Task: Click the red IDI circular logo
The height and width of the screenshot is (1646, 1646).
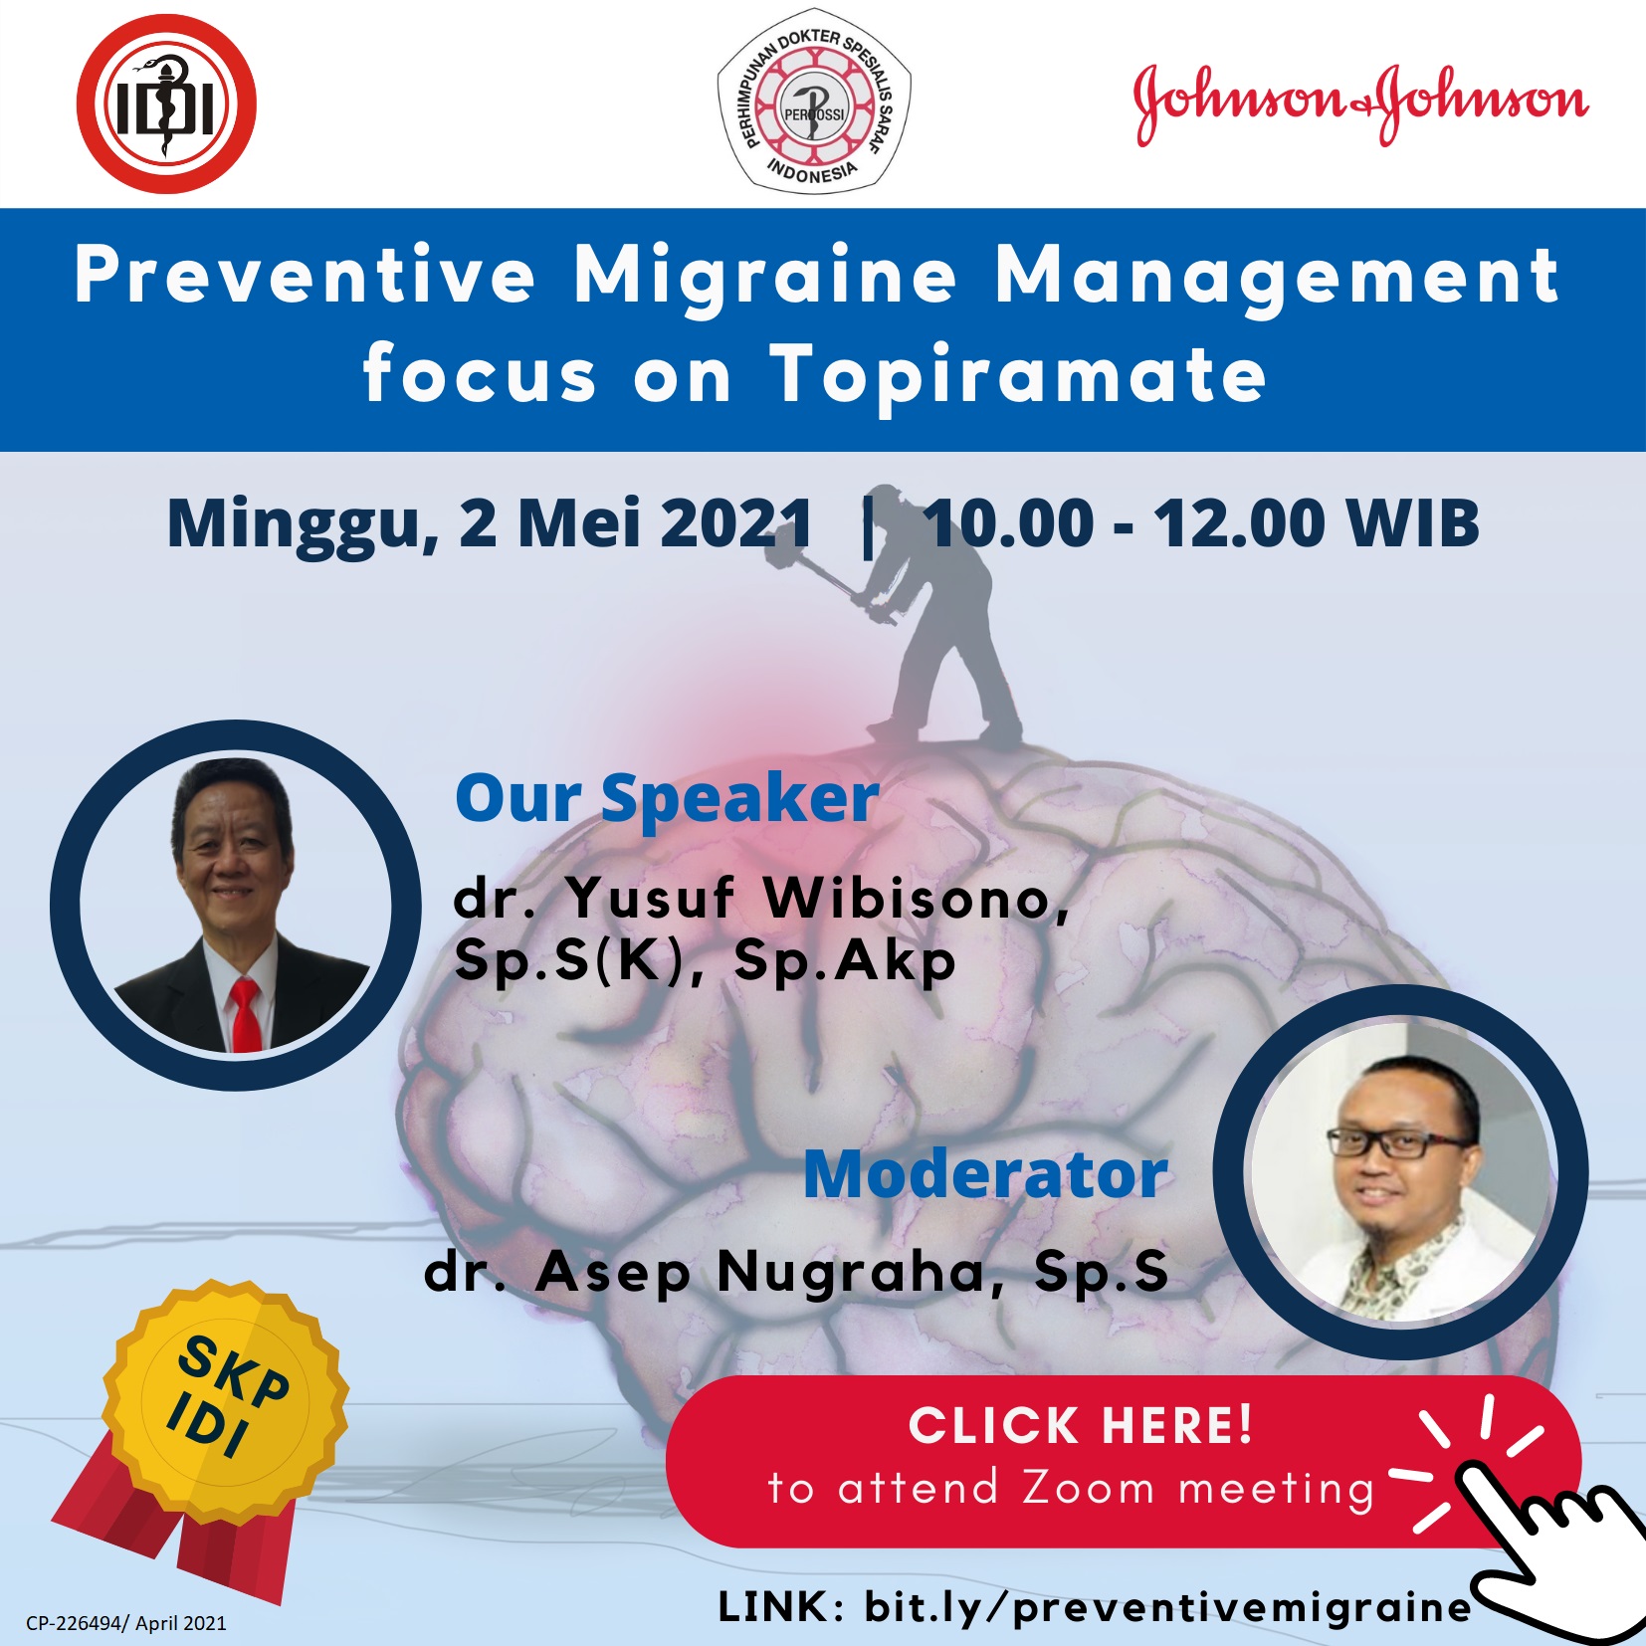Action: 166,103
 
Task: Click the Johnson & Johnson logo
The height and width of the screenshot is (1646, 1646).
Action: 1360,103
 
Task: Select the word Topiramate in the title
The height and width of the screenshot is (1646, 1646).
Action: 1019,374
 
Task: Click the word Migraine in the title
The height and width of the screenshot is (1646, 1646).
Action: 765,277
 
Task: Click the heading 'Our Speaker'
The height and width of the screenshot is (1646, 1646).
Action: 667,798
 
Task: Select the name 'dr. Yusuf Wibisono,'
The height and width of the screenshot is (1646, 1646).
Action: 761,898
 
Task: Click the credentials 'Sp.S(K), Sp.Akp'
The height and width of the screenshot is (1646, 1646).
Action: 705,961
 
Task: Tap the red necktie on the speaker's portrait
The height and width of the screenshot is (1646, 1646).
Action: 245,1014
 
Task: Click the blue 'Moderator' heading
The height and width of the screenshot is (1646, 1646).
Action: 985,1174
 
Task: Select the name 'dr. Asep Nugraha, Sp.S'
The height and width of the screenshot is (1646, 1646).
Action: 796,1272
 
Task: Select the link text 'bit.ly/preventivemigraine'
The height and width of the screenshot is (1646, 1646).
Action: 1167,1607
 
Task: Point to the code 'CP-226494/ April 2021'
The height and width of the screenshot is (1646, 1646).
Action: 126,1623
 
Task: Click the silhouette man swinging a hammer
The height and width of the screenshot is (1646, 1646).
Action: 911,617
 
